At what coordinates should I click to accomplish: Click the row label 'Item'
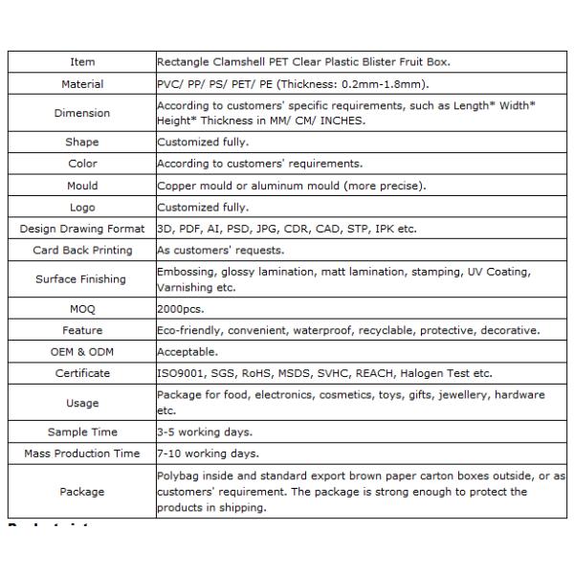[82, 62]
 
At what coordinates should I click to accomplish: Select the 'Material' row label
[82, 84]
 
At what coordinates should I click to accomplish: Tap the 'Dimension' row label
[82, 113]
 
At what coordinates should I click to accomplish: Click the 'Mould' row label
[82, 186]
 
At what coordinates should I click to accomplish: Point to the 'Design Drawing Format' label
[82, 229]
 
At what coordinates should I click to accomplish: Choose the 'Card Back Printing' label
[82, 251]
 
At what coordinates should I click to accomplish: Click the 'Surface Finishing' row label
[82, 279]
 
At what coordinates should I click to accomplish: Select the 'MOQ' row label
[82, 309]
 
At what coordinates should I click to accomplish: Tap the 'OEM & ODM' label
[82, 352]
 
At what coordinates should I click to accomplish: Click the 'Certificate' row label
[82, 373]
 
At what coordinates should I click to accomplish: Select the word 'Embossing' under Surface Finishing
[185, 273]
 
